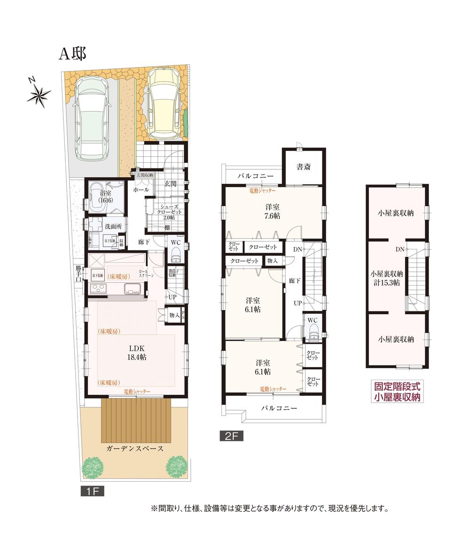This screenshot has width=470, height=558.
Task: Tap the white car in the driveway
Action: click(92, 118)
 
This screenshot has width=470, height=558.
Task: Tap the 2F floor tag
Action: click(231, 436)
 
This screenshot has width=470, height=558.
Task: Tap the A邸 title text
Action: click(72, 54)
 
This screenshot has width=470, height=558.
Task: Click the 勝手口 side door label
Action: click(78, 274)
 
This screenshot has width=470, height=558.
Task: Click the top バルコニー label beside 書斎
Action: click(255, 176)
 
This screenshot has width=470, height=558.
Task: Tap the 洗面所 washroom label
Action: click(113, 226)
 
